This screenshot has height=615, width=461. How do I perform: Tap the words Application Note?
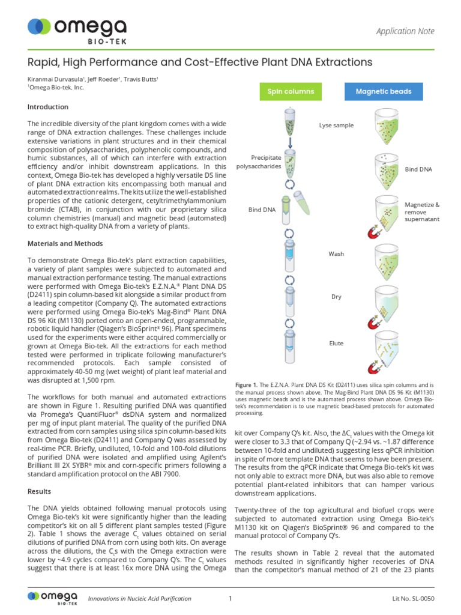pyautogui.click(x=405, y=31)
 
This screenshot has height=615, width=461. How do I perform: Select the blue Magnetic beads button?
pyautogui.click(x=383, y=91)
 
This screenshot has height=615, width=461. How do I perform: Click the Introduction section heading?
pyautogui.click(x=48, y=107)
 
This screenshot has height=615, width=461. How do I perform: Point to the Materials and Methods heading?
pyautogui.click(x=65, y=244)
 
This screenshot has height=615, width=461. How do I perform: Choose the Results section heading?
pyautogui.click(x=40, y=491)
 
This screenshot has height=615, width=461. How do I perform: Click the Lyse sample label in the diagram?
pyautogui.click(x=336, y=126)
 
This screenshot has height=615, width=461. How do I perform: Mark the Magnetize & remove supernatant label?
pyautogui.click(x=422, y=212)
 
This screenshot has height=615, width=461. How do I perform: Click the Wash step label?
pyautogui.click(x=336, y=254)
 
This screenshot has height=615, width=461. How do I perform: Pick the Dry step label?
pyautogui.click(x=336, y=297)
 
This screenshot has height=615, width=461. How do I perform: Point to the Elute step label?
pyautogui.click(x=336, y=343)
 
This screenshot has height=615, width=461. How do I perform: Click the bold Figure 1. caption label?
pyautogui.click(x=246, y=384)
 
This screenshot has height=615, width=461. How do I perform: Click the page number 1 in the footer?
pyautogui.click(x=230, y=598)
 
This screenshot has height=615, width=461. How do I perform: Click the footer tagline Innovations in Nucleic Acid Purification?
pyautogui.click(x=139, y=598)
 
